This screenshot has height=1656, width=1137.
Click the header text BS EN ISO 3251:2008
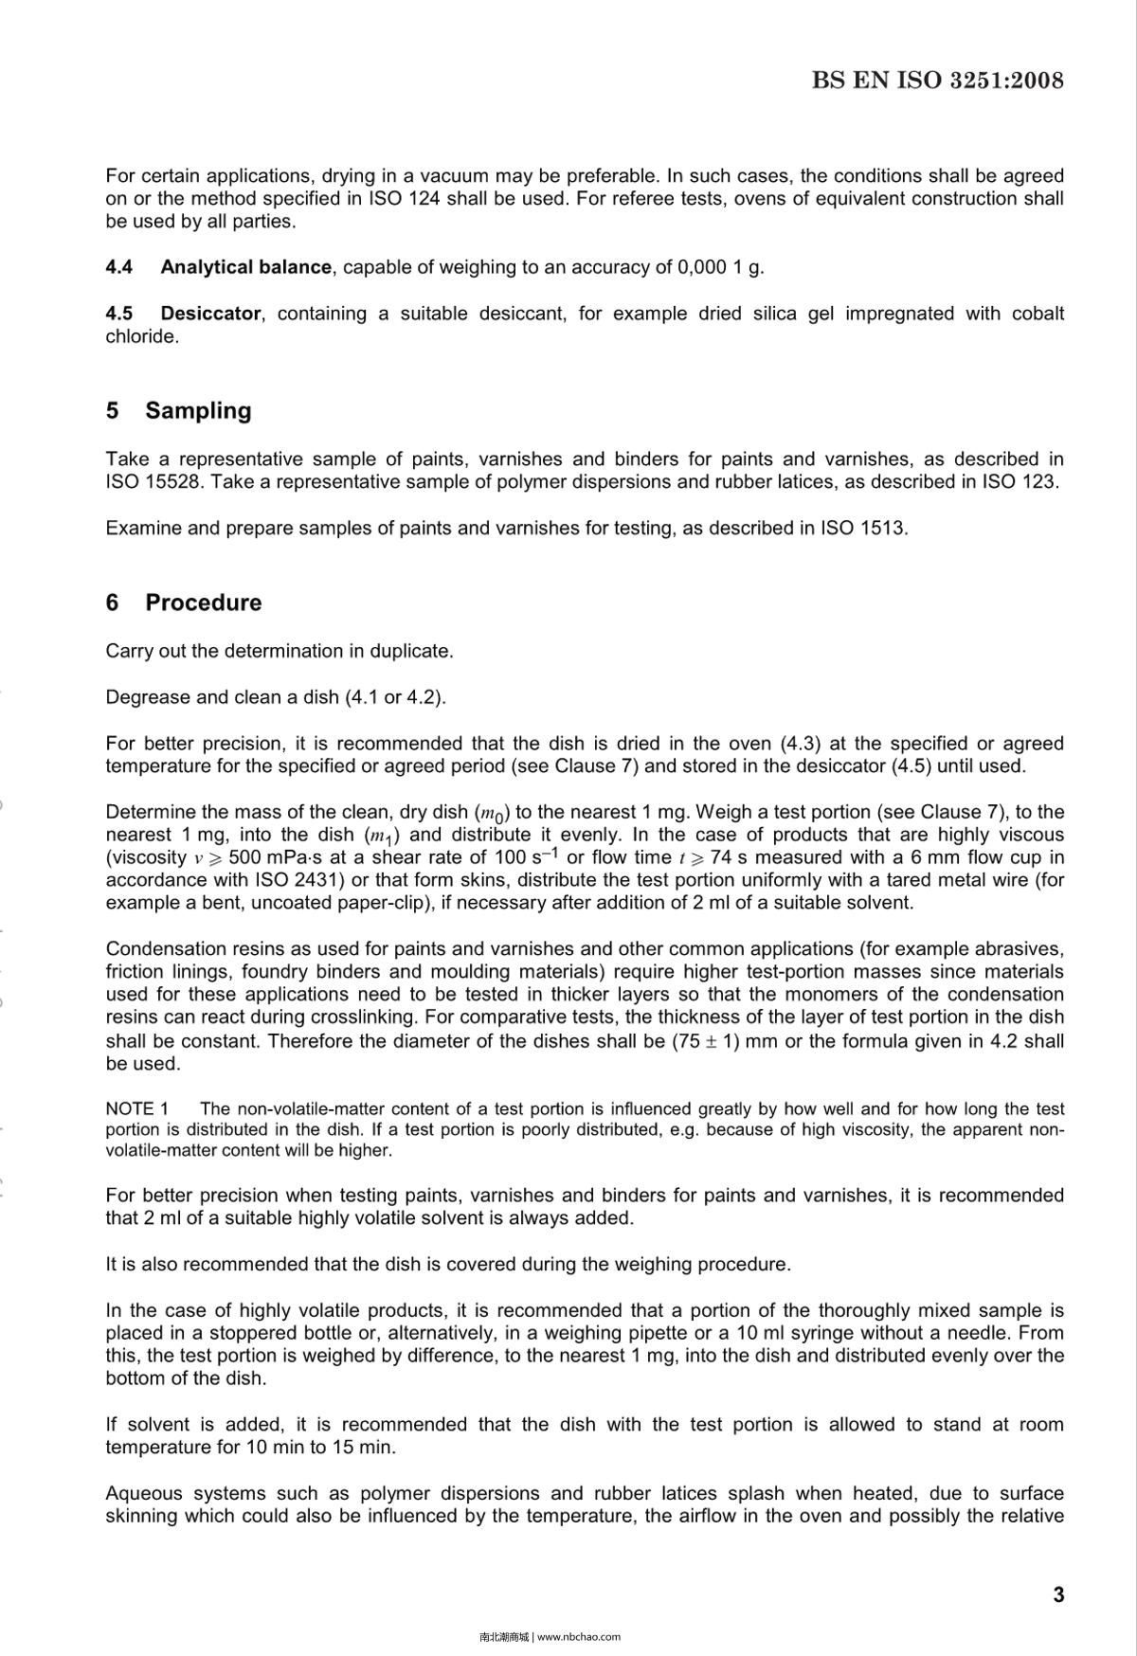(937, 81)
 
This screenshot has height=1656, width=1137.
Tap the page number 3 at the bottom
(1058, 1594)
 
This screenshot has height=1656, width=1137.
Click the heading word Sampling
(198, 410)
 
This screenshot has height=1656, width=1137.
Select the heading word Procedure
(203, 603)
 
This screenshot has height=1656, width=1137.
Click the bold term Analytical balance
(245, 267)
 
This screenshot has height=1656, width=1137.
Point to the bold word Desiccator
(210, 314)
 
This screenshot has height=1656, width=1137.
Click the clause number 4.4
(118, 267)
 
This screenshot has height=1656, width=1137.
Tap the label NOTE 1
(136, 1108)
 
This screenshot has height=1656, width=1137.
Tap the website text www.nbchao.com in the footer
(578, 1636)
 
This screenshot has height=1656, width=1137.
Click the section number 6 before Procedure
(113, 603)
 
